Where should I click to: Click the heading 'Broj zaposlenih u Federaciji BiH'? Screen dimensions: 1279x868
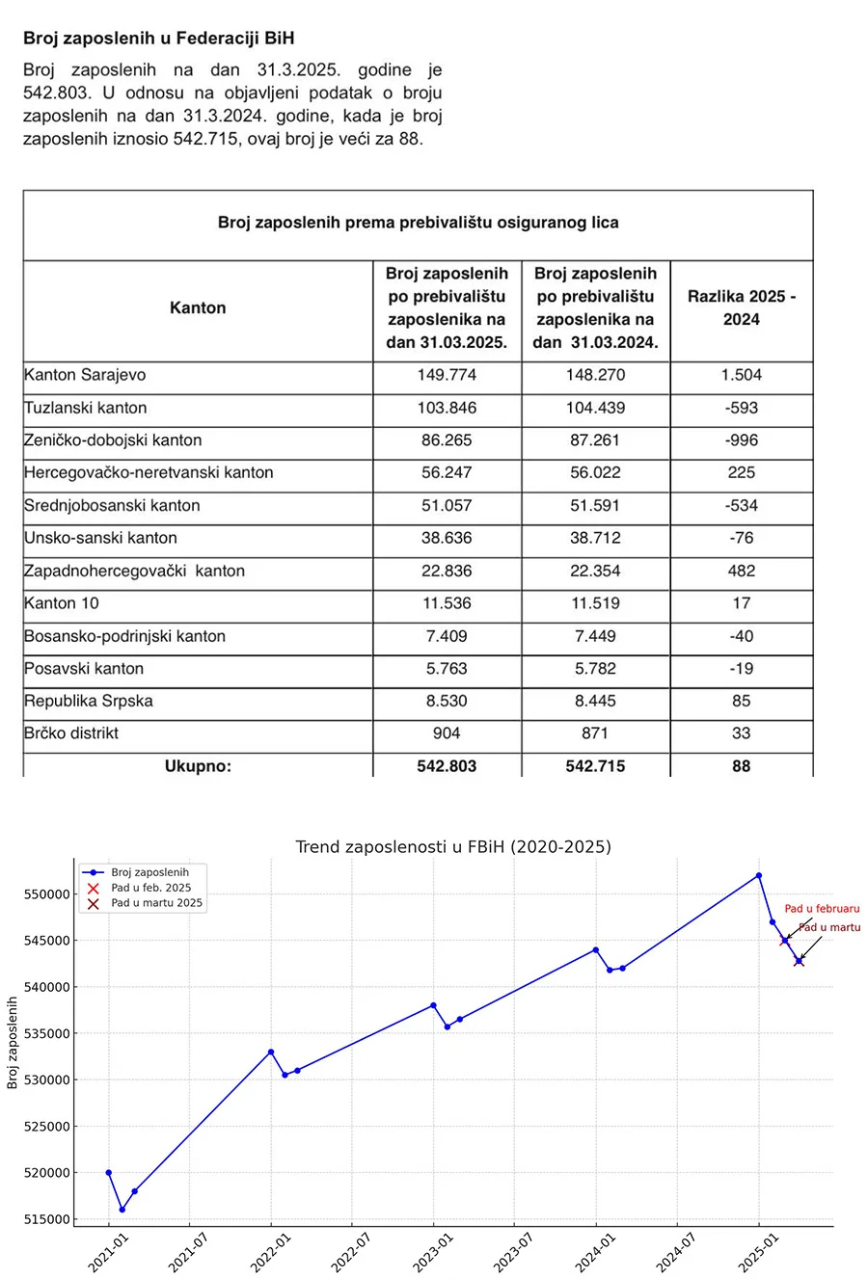(159, 39)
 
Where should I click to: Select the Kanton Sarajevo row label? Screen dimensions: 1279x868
(85, 375)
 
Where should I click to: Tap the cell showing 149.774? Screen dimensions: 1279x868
(447, 375)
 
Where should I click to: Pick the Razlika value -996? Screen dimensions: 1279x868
(741, 440)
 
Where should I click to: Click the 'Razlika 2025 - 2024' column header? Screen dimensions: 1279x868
(741, 307)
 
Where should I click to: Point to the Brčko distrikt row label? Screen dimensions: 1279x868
(71, 733)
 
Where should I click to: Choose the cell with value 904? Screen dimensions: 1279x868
(447, 733)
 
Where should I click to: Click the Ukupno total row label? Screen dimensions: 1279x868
(198, 766)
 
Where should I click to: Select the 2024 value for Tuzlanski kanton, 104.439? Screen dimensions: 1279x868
(595, 408)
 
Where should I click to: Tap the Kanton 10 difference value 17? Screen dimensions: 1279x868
(741, 603)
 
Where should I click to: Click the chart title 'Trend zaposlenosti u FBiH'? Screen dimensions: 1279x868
(452, 847)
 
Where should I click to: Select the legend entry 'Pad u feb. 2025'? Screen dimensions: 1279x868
(150, 888)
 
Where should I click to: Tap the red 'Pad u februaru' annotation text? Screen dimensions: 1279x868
(822, 909)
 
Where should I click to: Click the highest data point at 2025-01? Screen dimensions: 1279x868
(759, 875)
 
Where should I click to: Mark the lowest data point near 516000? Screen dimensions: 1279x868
(122, 1210)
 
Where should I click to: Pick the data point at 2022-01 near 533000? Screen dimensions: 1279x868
(271, 1052)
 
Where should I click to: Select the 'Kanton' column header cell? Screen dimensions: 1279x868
(198, 308)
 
